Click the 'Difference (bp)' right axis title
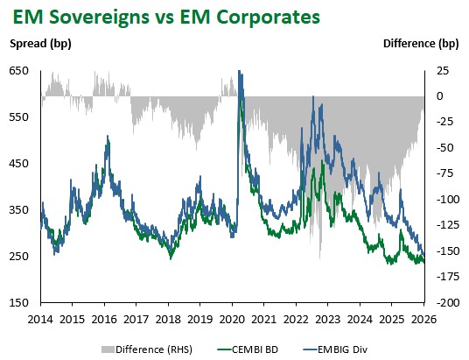click(x=419, y=43)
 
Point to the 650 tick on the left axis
click(x=19, y=71)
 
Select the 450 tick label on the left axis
click(x=19, y=164)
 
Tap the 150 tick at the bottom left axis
click(x=19, y=303)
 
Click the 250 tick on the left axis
click(x=19, y=257)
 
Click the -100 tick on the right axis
click(x=446, y=200)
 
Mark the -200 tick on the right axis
click(x=446, y=303)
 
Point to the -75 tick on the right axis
click(x=444, y=174)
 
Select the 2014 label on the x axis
click(x=40, y=319)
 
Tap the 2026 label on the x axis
click(x=423, y=319)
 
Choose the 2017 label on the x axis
click(x=136, y=319)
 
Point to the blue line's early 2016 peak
click(x=107, y=138)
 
